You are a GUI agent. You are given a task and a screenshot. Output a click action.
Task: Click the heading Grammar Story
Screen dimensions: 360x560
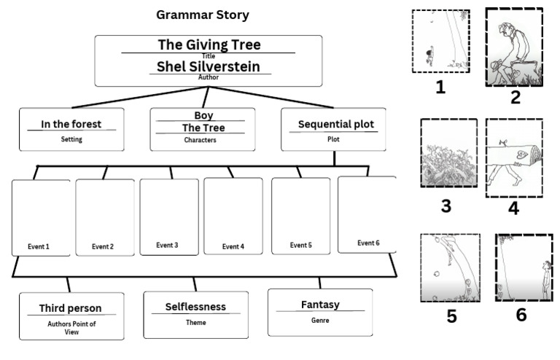click(203, 15)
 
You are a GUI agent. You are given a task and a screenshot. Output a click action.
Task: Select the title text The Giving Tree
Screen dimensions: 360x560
click(209, 44)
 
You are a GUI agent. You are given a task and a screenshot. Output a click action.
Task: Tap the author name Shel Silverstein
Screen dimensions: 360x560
click(209, 66)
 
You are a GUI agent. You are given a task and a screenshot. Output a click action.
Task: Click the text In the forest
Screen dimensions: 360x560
click(71, 124)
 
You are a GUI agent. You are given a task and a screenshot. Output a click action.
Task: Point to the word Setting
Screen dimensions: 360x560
click(71, 138)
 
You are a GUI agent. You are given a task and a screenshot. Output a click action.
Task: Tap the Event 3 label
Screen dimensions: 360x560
click(167, 245)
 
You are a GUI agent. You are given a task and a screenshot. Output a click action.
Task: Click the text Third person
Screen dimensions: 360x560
click(70, 308)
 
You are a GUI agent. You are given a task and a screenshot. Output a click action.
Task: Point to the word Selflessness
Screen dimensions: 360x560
click(195, 307)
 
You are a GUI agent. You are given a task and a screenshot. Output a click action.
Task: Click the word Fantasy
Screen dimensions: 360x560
click(320, 305)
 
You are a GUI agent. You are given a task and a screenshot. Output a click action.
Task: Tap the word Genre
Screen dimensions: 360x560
click(320, 320)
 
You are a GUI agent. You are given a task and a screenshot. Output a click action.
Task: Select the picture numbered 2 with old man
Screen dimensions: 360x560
click(515, 47)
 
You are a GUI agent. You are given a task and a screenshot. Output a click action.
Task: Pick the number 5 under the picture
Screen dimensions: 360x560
click(452, 317)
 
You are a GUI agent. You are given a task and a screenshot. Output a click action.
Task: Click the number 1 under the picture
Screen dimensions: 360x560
click(440, 88)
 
